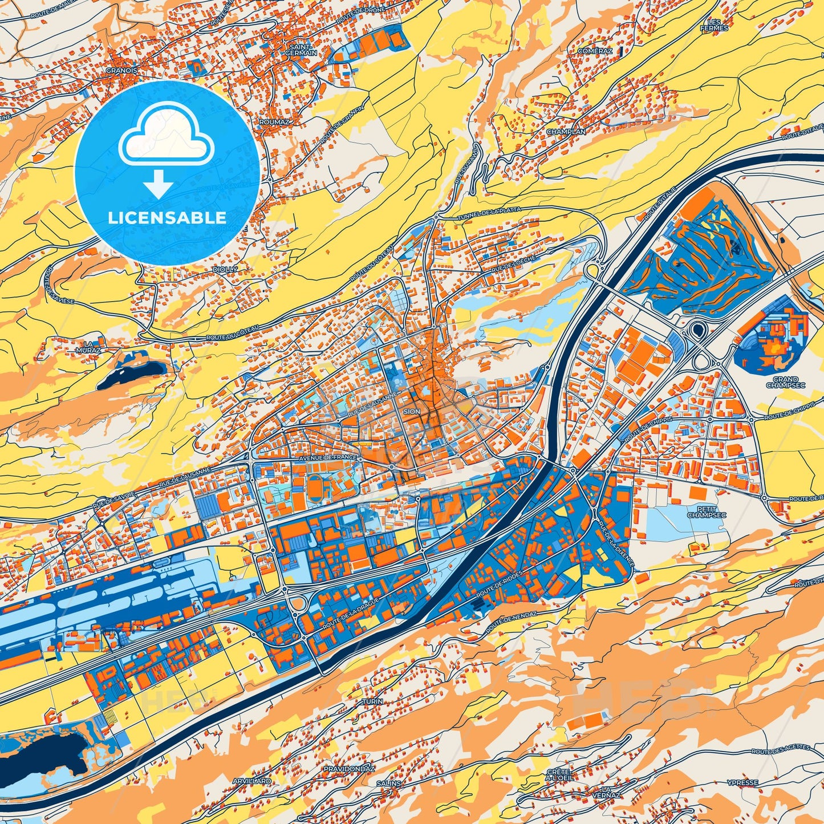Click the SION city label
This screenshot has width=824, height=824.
[x=411, y=411]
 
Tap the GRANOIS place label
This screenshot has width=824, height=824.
[x=121, y=71]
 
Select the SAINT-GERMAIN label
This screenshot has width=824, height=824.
[x=303, y=50]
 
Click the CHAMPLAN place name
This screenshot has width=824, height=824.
[x=566, y=132]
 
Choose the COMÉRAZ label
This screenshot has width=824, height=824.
[x=595, y=51]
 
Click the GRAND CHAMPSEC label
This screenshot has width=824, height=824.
[x=785, y=382]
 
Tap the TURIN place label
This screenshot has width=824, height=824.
[x=372, y=701]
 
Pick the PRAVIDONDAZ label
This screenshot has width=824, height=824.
[x=348, y=769]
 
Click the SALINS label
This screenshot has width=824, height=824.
[x=388, y=784]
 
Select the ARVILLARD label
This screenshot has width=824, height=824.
[x=251, y=781]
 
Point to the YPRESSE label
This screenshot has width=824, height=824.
[x=743, y=783]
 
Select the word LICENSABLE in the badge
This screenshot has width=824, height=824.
[x=167, y=217]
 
